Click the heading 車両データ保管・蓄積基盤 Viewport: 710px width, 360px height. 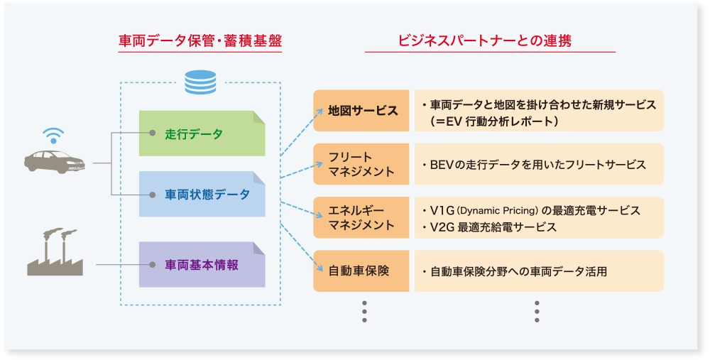pyautogui.click(x=200, y=41)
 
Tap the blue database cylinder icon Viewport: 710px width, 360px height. pyautogui.click(x=200, y=82)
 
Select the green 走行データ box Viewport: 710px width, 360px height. pyautogui.click(x=202, y=133)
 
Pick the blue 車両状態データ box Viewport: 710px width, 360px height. pyautogui.click(x=202, y=194)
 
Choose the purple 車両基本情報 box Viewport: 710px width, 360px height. pyautogui.click(x=202, y=265)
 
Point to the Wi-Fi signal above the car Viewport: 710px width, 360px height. pyautogui.click(x=53, y=135)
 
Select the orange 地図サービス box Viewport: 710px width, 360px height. pyautogui.click(x=361, y=111)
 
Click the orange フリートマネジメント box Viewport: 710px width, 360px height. pyautogui.click(x=361, y=164)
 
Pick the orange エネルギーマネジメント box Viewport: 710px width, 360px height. pyautogui.click(x=361, y=217)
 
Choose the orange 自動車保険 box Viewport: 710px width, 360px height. pyautogui.click(x=361, y=271)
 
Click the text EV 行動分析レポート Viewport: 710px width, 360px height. pyautogui.click(x=502, y=121)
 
